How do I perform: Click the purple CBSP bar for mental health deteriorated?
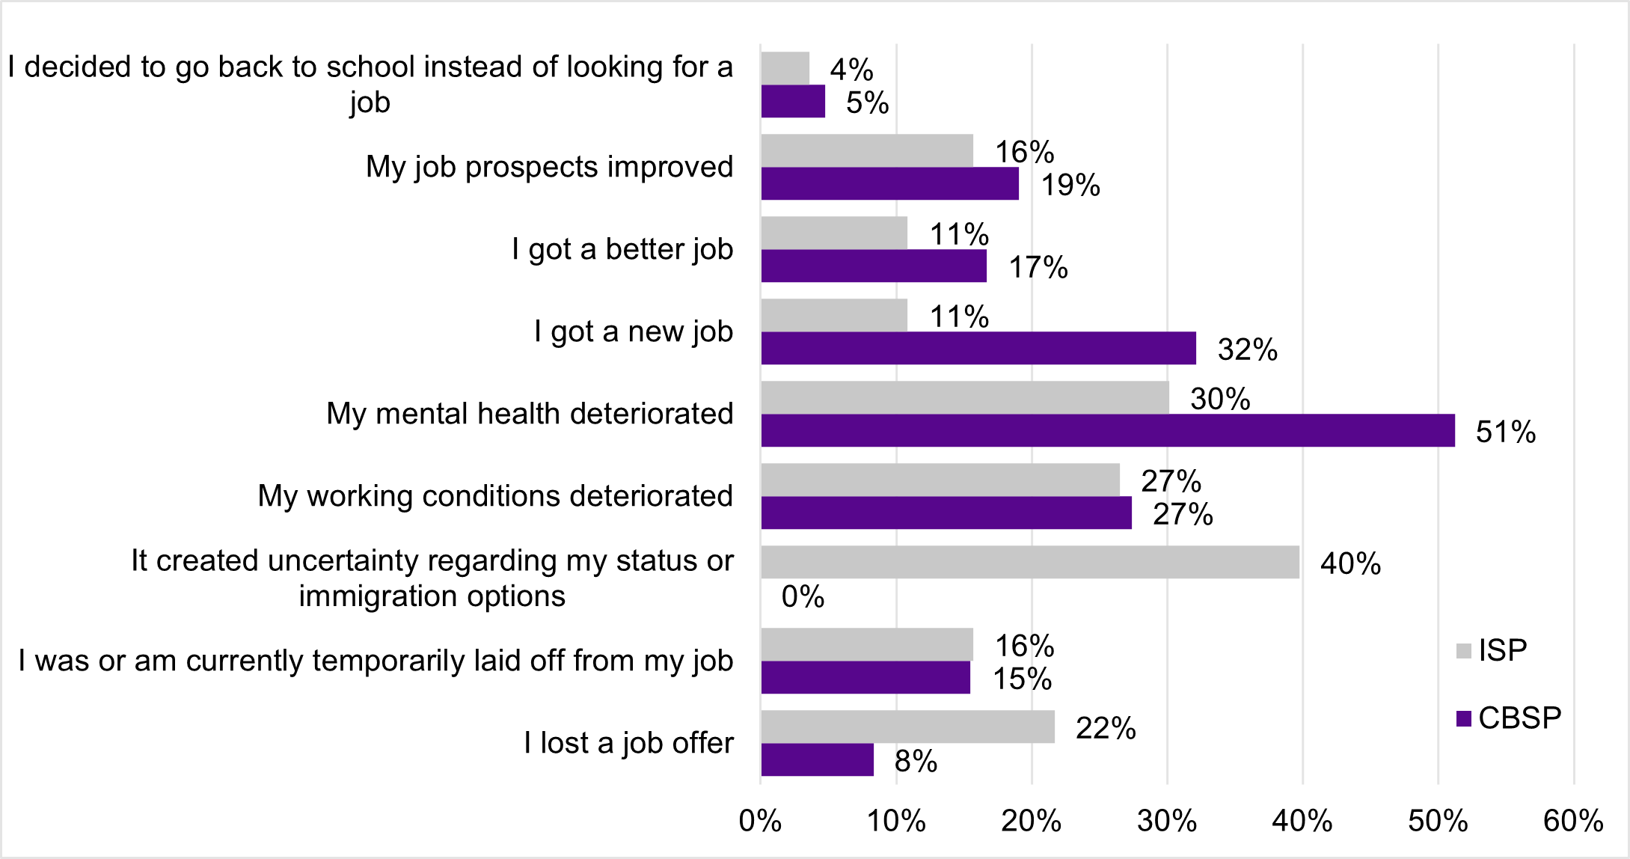[1107, 430]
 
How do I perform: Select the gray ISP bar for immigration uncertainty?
[1029, 562]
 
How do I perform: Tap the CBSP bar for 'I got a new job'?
[978, 348]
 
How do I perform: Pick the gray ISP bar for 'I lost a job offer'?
[907, 727]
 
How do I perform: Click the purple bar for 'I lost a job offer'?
[817, 759]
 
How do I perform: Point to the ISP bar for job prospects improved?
[866, 150]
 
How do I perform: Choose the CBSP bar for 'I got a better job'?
[873, 266]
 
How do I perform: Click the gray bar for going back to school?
[785, 68]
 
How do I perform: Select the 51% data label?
[1505, 432]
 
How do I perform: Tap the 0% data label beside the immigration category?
[803, 596]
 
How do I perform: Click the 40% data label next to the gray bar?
[1350, 563]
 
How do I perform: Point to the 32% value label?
[1247, 349]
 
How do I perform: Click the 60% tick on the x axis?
[1573, 821]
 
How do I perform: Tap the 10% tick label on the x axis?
[895, 821]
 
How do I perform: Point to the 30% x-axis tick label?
[1166, 821]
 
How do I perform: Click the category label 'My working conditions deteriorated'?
[495, 496]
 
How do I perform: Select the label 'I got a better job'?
[622, 249]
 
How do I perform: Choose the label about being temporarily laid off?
[376, 661]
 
